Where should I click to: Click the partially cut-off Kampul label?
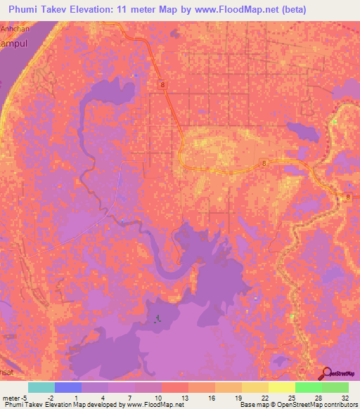tap(12, 43)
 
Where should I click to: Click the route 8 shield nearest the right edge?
tap(349, 199)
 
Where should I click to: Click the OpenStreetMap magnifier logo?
tap(327, 373)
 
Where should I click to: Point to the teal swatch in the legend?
tap(41, 387)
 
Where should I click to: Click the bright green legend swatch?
tap(308, 387)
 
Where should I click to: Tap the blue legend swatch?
tap(67, 387)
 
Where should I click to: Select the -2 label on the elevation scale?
tap(50, 397)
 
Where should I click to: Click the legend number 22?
tap(264, 397)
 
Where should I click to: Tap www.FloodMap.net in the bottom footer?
tap(155, 405)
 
